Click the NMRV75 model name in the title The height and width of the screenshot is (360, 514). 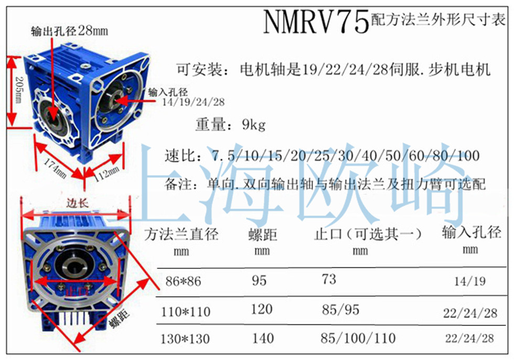(316, 21)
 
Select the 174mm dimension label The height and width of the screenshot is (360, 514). (56, 168)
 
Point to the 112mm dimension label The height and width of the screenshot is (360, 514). (107, 174)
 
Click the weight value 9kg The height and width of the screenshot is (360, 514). (253, 125)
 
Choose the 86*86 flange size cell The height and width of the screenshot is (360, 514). (183, 281)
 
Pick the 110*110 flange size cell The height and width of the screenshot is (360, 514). (186, 311)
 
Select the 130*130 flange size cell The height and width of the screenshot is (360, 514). (185, 339)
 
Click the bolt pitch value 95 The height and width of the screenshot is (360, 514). (259, 280)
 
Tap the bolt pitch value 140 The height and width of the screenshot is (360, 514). (263, 338)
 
